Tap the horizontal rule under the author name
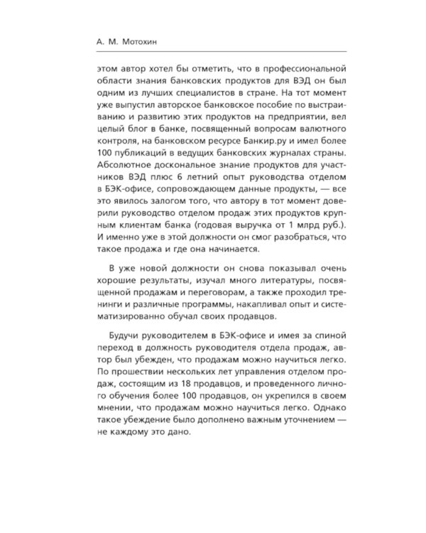pyautogui.click(x=213, y=51)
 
